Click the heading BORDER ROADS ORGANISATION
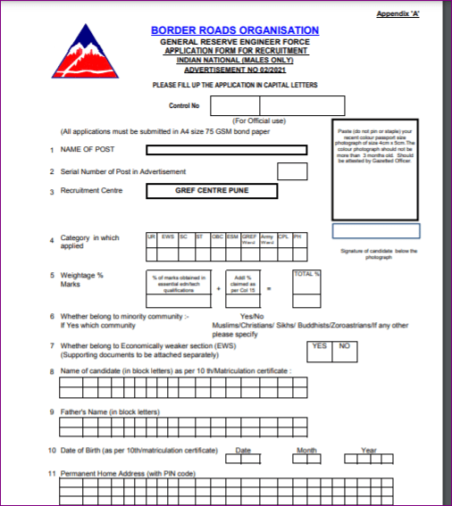(x=235, y=31)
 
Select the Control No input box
(x=264, y=104)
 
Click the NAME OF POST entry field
(x=227, y=150)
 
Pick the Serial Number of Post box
(x=292, y=171)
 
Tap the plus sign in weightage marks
(x=218, y=289)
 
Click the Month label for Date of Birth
(x=307, y=449)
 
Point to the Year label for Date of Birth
(x=368, y=449)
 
